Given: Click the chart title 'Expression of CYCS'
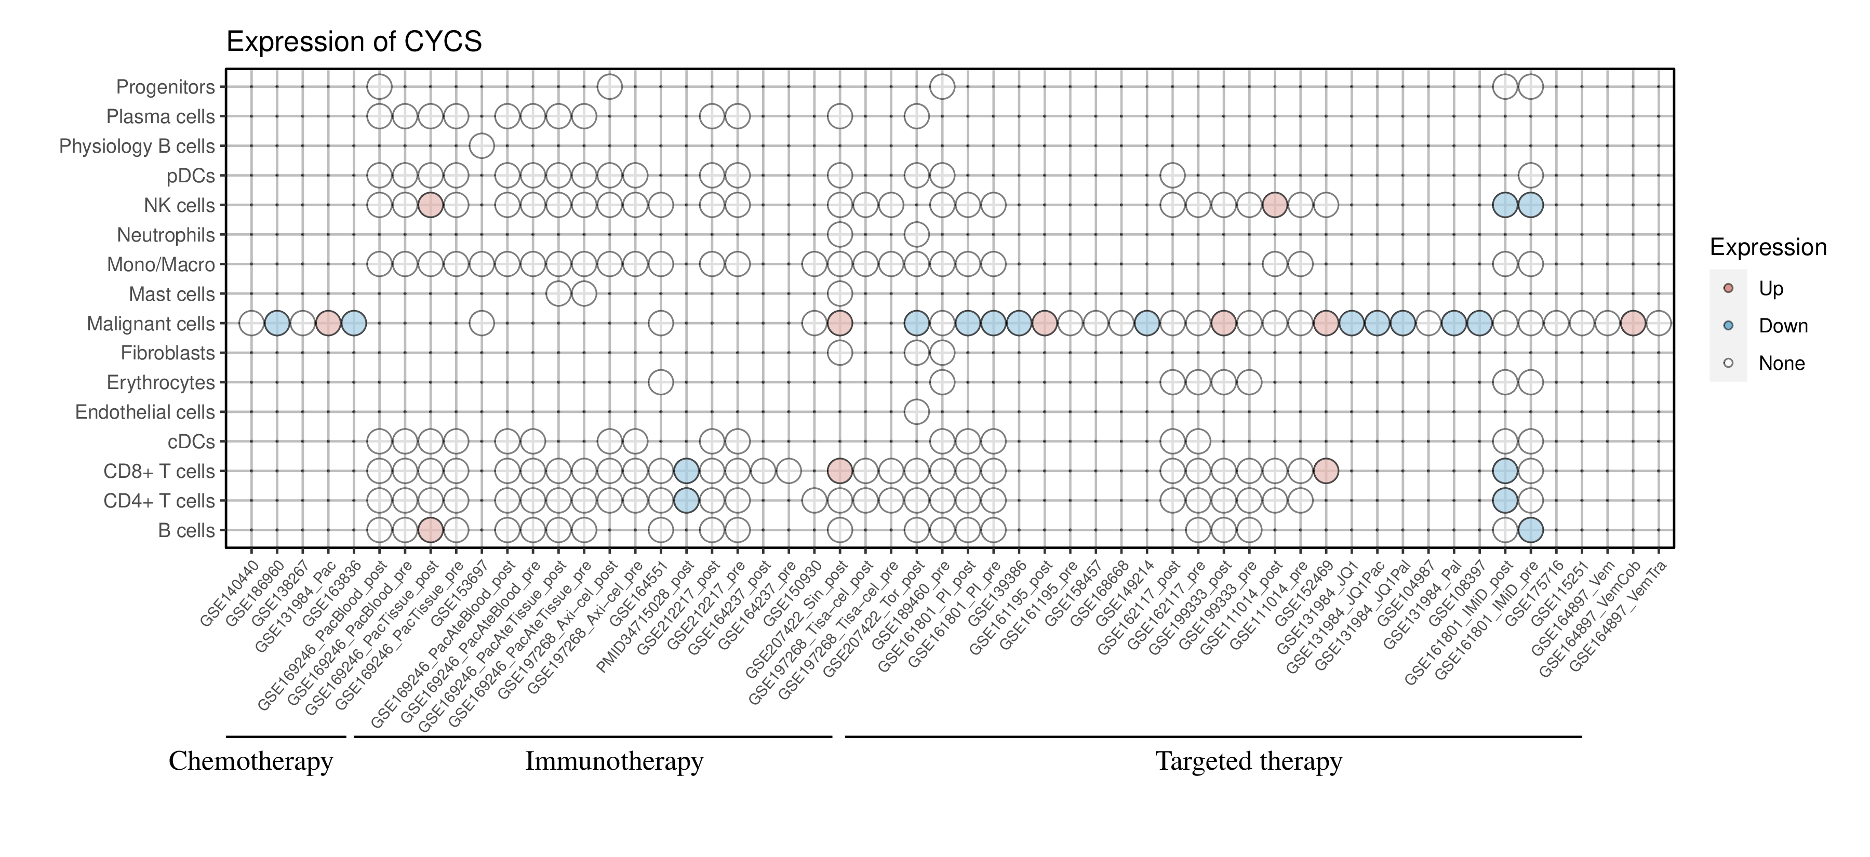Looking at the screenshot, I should coord(354,42).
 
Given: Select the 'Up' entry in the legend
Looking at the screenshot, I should coord(1771,289).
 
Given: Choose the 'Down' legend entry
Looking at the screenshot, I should coord(1782,326).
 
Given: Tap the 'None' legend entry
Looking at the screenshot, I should coord(1781,364).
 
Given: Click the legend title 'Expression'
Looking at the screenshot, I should coord(1768,247).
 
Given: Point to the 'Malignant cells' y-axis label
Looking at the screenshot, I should coord(151,324).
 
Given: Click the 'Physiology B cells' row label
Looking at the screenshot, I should coord(137,146).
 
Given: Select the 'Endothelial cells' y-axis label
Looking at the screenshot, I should coord(145,412).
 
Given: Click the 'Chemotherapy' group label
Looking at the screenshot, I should coord(250,761).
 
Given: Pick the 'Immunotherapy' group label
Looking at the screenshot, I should coord(614,761).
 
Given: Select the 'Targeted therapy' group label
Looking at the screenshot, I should coord(1249,761).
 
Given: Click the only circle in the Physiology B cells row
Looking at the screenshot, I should coord(482,146).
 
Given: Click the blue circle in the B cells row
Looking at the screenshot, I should coord(1530,530).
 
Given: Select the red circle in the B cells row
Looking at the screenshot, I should coord(431,530).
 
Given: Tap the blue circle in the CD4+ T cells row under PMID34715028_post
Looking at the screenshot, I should coord(687,501).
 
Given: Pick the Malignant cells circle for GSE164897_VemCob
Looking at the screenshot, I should coord(1633,323).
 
